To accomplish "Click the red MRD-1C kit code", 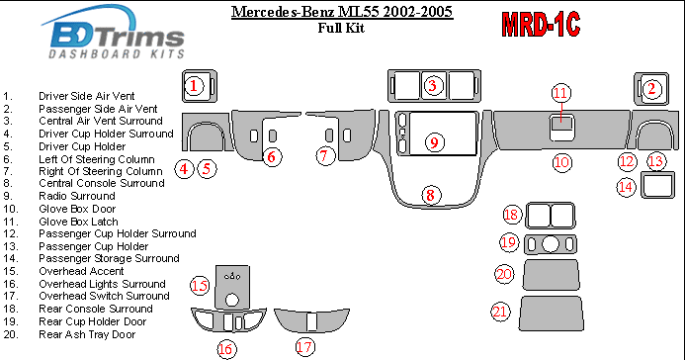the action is coord(541,25).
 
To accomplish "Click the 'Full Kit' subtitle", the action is coord(341,28).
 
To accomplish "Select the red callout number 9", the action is coord(434,142).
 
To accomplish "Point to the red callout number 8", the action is coord(431,195).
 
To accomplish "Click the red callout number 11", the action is coord(560,93).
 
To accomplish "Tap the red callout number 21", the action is coord(500,312).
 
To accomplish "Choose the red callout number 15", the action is coord(200,286).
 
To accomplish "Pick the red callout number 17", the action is coord(304,347).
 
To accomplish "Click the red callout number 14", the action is coord(626,187).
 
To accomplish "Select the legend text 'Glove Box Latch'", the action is coord(78,222).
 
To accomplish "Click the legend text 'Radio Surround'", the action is coord(77,196).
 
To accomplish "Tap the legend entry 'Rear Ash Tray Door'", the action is coord(87,334).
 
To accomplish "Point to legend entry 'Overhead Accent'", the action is coord(81,271).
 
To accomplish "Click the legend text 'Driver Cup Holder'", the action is coord(82,146).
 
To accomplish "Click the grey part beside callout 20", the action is coord(552,275).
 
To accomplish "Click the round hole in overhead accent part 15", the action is coord(232,300).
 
